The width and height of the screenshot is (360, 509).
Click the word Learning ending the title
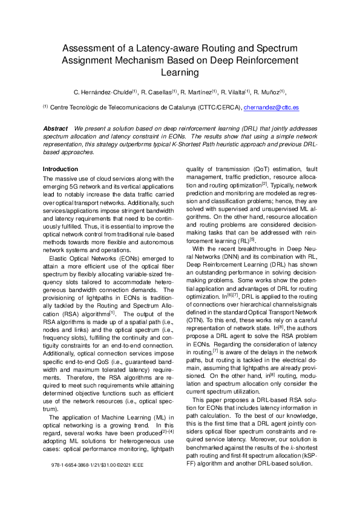[x=180, y=73]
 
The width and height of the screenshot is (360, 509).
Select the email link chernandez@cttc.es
[x=270, y=108]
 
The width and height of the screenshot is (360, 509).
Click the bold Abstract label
[x=55, y=129]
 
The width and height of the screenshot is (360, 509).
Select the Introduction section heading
[x=61, y=169]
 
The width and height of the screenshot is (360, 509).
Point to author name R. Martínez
[x=196, y=92]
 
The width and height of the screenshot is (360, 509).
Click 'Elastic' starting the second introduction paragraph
[x=59, y=241]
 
